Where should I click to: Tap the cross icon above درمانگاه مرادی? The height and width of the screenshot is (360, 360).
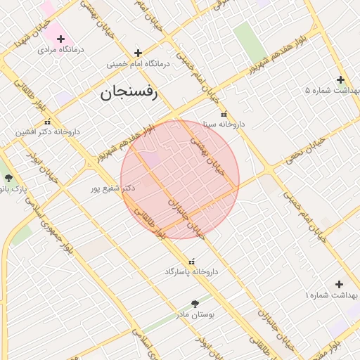coord(61,38)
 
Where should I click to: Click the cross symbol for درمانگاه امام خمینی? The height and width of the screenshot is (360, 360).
coord(138,52)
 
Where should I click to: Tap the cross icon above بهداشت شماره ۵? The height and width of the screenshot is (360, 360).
coord(340,79)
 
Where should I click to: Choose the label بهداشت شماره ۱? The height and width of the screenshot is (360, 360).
coord(330,296)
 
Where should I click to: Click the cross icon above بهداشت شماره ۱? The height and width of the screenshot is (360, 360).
coord(339,284)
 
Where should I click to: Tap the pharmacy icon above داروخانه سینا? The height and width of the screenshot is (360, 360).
coord(224,113)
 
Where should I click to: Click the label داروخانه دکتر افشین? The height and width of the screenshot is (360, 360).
coord(50,131)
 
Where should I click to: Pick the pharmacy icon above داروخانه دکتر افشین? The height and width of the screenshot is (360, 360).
coord(38,121)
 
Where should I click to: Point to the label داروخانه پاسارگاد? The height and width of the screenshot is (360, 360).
coord(192,271)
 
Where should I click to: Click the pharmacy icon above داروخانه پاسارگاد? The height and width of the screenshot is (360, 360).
coord(191,261)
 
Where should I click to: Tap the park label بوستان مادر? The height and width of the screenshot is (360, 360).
coord(195,315)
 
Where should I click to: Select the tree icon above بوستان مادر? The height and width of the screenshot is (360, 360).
coord(195,304)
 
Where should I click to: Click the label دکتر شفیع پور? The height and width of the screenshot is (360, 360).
coord(113,188)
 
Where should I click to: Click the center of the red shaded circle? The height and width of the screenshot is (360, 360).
coord(180,179)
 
